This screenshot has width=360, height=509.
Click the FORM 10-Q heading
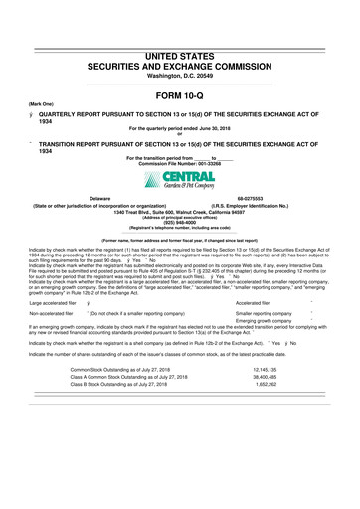click(x=180, y=95)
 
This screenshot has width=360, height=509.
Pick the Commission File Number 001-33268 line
click(x=179, y=163)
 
